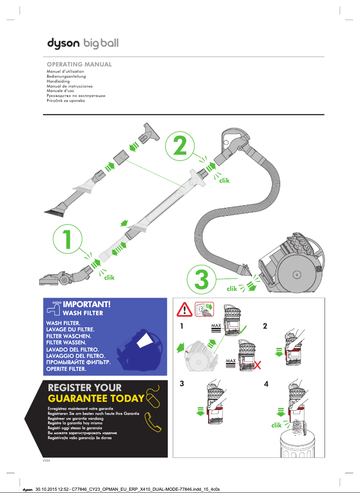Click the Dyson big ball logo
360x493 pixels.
83,44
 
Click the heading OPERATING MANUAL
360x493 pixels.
79,65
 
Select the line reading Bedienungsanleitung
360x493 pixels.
66,76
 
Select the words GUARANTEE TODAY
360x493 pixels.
96,398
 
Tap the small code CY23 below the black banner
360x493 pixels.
46,460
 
